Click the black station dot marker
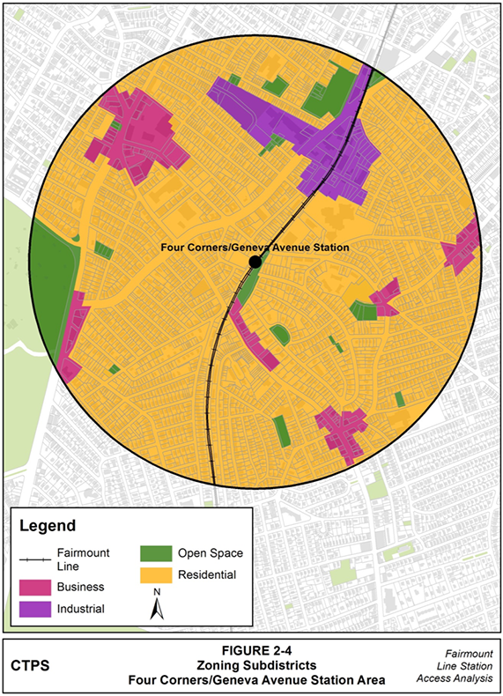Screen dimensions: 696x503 255,262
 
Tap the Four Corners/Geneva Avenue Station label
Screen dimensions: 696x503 255,248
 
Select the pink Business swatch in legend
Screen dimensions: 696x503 37,587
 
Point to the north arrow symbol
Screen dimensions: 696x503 156,608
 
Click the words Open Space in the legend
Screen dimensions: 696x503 210,553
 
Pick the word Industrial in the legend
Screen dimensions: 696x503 80,610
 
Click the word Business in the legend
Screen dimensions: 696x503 80,587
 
